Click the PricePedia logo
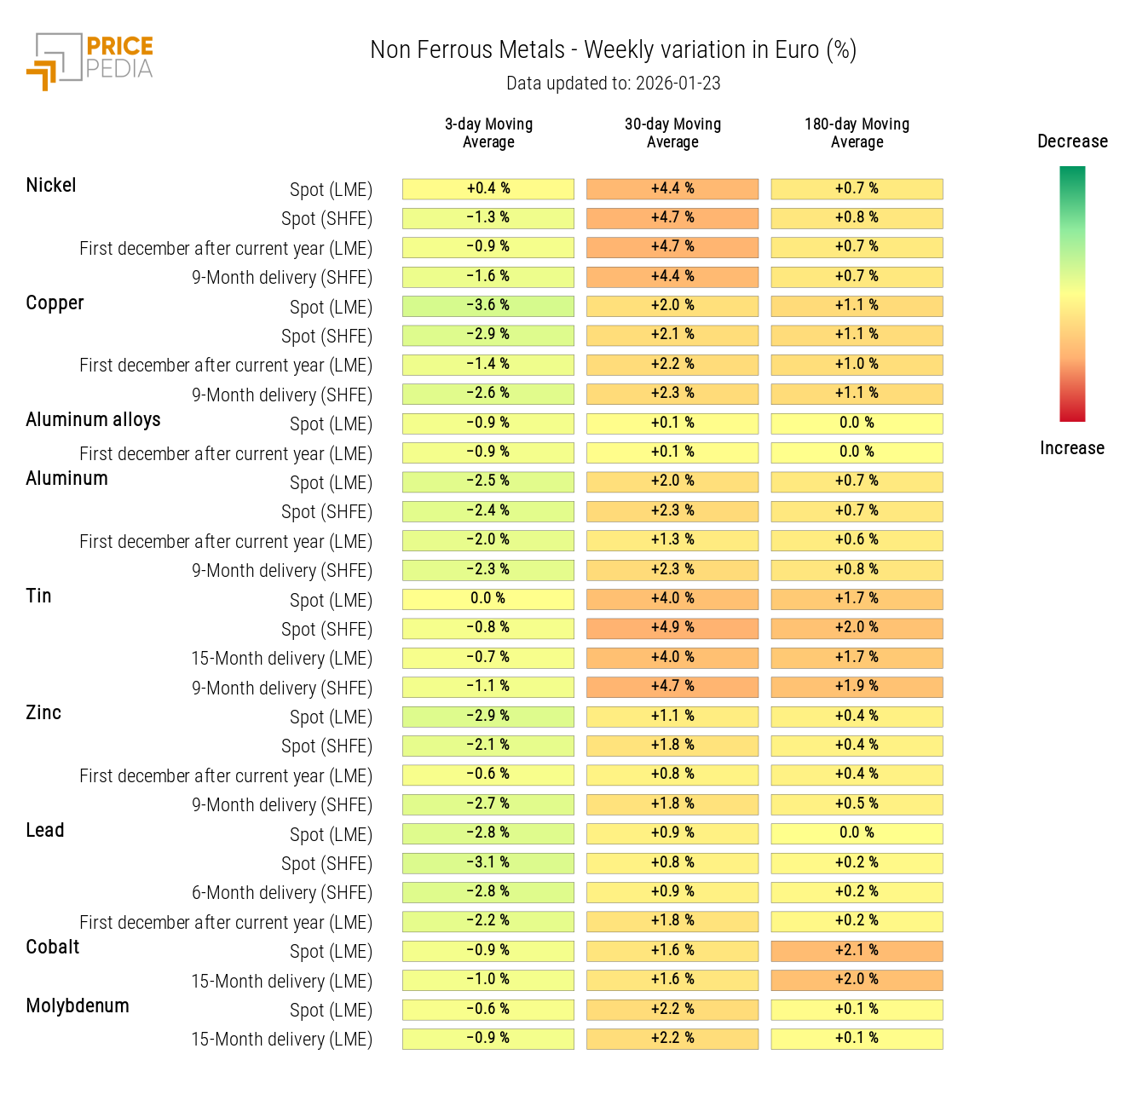90,61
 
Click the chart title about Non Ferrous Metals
613,50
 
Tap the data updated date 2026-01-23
613,84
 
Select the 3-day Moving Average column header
488,133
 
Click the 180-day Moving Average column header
857,133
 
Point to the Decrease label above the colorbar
1072,141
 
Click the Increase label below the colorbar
1071,448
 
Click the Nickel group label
51,186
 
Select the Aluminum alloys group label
93,420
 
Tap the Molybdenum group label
78,1006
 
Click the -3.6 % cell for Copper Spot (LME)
488,306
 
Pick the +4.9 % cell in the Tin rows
672,628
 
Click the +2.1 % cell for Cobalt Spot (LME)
857,951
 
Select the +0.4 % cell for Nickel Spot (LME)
488,189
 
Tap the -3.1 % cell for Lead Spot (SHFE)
488,863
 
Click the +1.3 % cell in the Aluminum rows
672,540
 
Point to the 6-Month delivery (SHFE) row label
281,893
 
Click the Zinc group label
43,713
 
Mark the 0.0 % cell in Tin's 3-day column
488,599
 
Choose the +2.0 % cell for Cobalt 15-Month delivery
857,980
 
